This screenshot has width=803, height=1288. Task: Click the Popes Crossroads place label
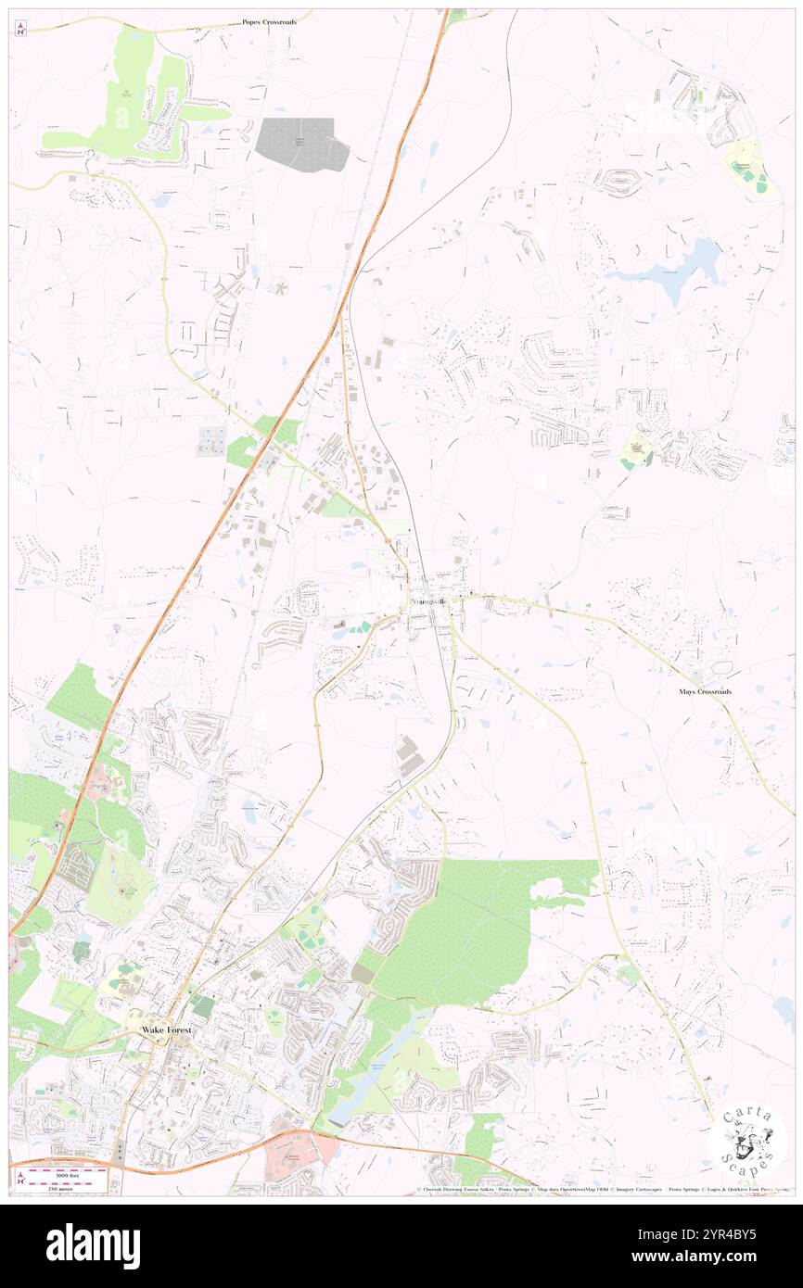coord(269,20)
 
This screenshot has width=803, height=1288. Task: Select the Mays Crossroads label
coord(705,691)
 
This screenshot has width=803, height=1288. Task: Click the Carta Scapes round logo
coord(747,1139)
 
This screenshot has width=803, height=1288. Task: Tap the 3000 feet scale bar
coord(67,1172)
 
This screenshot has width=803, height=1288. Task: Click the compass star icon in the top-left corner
coord(20,30)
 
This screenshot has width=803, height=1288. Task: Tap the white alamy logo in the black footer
coord(93,1245)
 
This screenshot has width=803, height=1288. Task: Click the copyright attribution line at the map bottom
coord(603,1190)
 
